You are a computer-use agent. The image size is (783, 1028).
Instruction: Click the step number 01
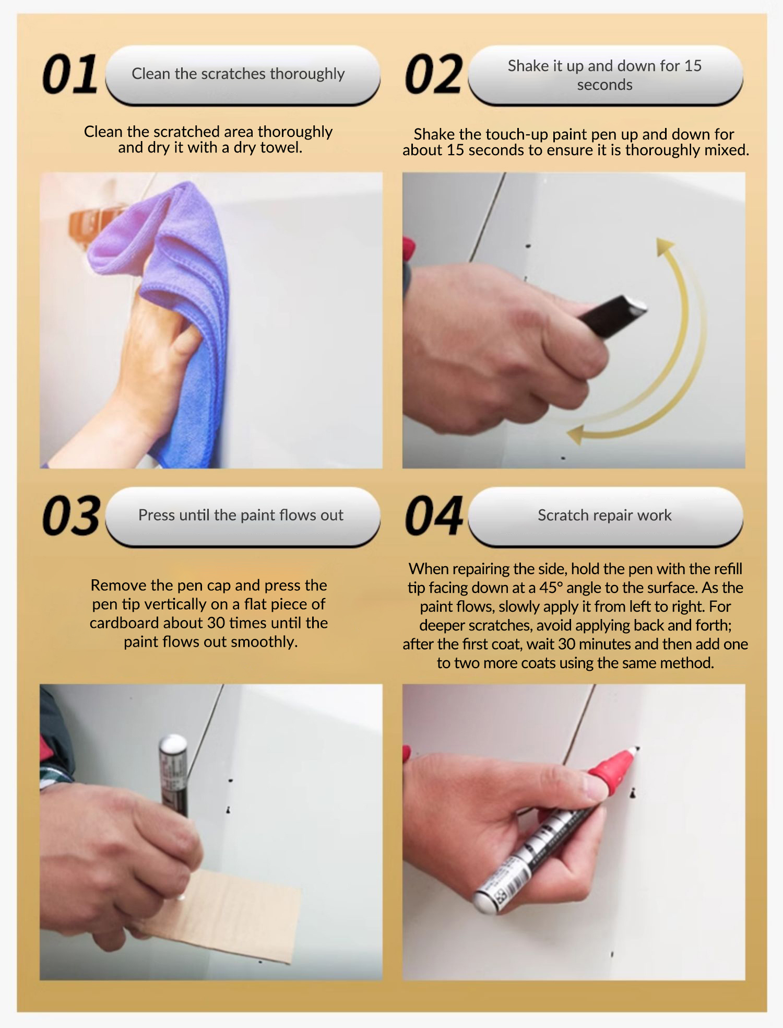tap(70, 74)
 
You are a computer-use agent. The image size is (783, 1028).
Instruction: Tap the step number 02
tap(433, 74)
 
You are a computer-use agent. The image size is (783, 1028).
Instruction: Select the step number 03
tap(71, 516)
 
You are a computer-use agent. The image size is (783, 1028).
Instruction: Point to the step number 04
tap(434, 516)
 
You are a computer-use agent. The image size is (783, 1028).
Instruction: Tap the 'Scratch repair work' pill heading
tap(605, 516)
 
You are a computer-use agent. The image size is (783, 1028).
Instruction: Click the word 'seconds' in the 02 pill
tap(604, 85)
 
